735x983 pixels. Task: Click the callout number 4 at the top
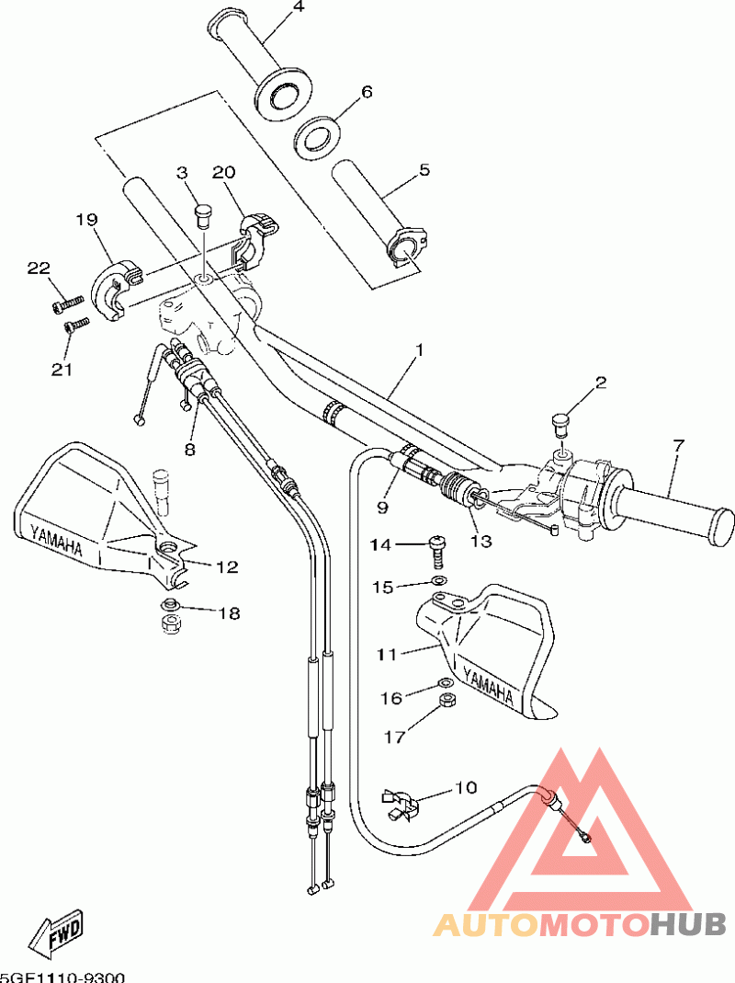pyautogui.click(x=298, y=7)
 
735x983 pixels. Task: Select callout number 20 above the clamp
pyautogui.click(x=223, y=172)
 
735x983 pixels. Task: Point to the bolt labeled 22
pyautogui.click(x=67, y=303)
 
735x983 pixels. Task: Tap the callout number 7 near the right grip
pyautogui.click(x=679, y=446)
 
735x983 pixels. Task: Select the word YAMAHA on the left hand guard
pyautogui.click(x=56, y=540)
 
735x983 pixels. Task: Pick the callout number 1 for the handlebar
pyautogui.click(x=420, y=349)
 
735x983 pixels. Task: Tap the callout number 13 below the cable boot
pyautogui.click(x=481, y=541)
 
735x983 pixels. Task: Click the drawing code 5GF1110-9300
pyautogui.click(x=62, y=977)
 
